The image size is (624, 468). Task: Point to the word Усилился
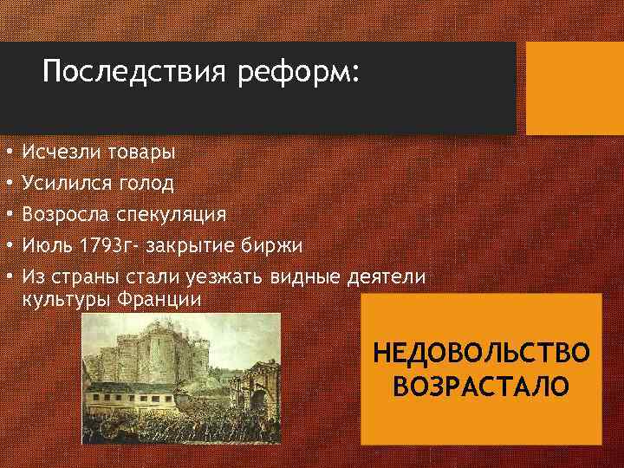point(67,183)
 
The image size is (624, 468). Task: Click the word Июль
point(48,245)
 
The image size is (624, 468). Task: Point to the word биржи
point(272,245)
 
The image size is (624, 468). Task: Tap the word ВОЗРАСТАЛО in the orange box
point(481,384)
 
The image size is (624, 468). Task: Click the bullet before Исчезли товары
point(7,153)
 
